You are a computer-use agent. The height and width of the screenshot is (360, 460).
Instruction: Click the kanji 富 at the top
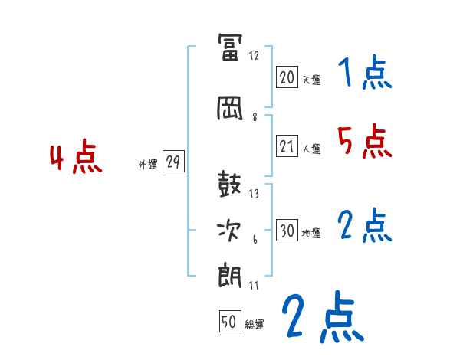pyautogui.click(x=230, y=48)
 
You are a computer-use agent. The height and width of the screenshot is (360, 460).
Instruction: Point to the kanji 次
pyautogui.click(x=230, y=231)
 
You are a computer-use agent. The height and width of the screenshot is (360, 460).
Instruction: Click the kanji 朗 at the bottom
pyautogui.click(x=230, y=274)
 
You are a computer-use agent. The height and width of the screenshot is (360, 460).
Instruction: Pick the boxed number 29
pyautogui.click(x=173, y=162)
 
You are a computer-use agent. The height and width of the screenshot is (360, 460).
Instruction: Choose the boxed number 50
pyautogui.click(x=230, y=322)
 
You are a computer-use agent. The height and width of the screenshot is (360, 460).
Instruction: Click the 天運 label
pyautogui.click(x=311, y=80)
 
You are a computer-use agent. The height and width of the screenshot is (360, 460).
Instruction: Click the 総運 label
pyautogui.click(x=255, y=326)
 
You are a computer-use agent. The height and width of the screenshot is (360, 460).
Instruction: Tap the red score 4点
pyautogui.click(x=76, y=159)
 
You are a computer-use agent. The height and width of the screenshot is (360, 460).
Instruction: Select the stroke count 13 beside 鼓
pyautogui.click(x=254, y=194)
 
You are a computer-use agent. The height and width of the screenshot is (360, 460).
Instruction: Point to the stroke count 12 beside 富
pyautogui.click(x=254, y=56)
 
